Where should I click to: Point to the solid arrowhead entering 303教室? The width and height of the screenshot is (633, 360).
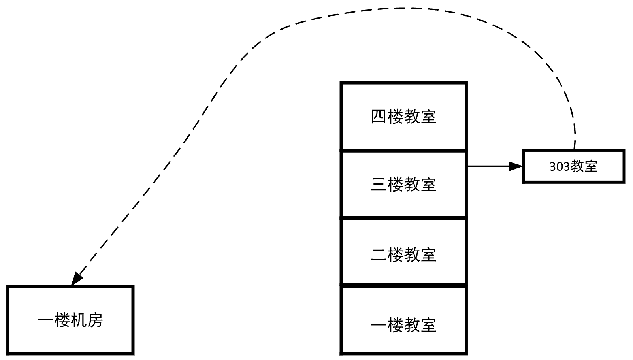pyautogui.click(x=516, y=166)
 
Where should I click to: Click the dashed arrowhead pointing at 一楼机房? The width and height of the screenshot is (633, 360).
pyautogui.click(x=76, y=279)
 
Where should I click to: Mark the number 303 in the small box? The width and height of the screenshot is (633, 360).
pyautogui.click(x=559, y=167)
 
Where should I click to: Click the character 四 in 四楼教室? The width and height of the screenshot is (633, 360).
pyautogui.click(x=379, y=117)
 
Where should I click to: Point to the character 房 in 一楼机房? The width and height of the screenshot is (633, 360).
pyautogui.click(x=95, y=320)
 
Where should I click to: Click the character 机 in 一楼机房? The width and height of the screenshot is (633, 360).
pyautogui.click(x=79, y=320)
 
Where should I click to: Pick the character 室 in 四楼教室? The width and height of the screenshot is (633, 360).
pyautogui.click(x=428, y=117)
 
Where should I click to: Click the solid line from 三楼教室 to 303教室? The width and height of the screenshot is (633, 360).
pyautogui.click(x=488, y=166)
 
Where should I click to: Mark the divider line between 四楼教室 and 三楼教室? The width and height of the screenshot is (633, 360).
pyautogui.click(x=403, y=150)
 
